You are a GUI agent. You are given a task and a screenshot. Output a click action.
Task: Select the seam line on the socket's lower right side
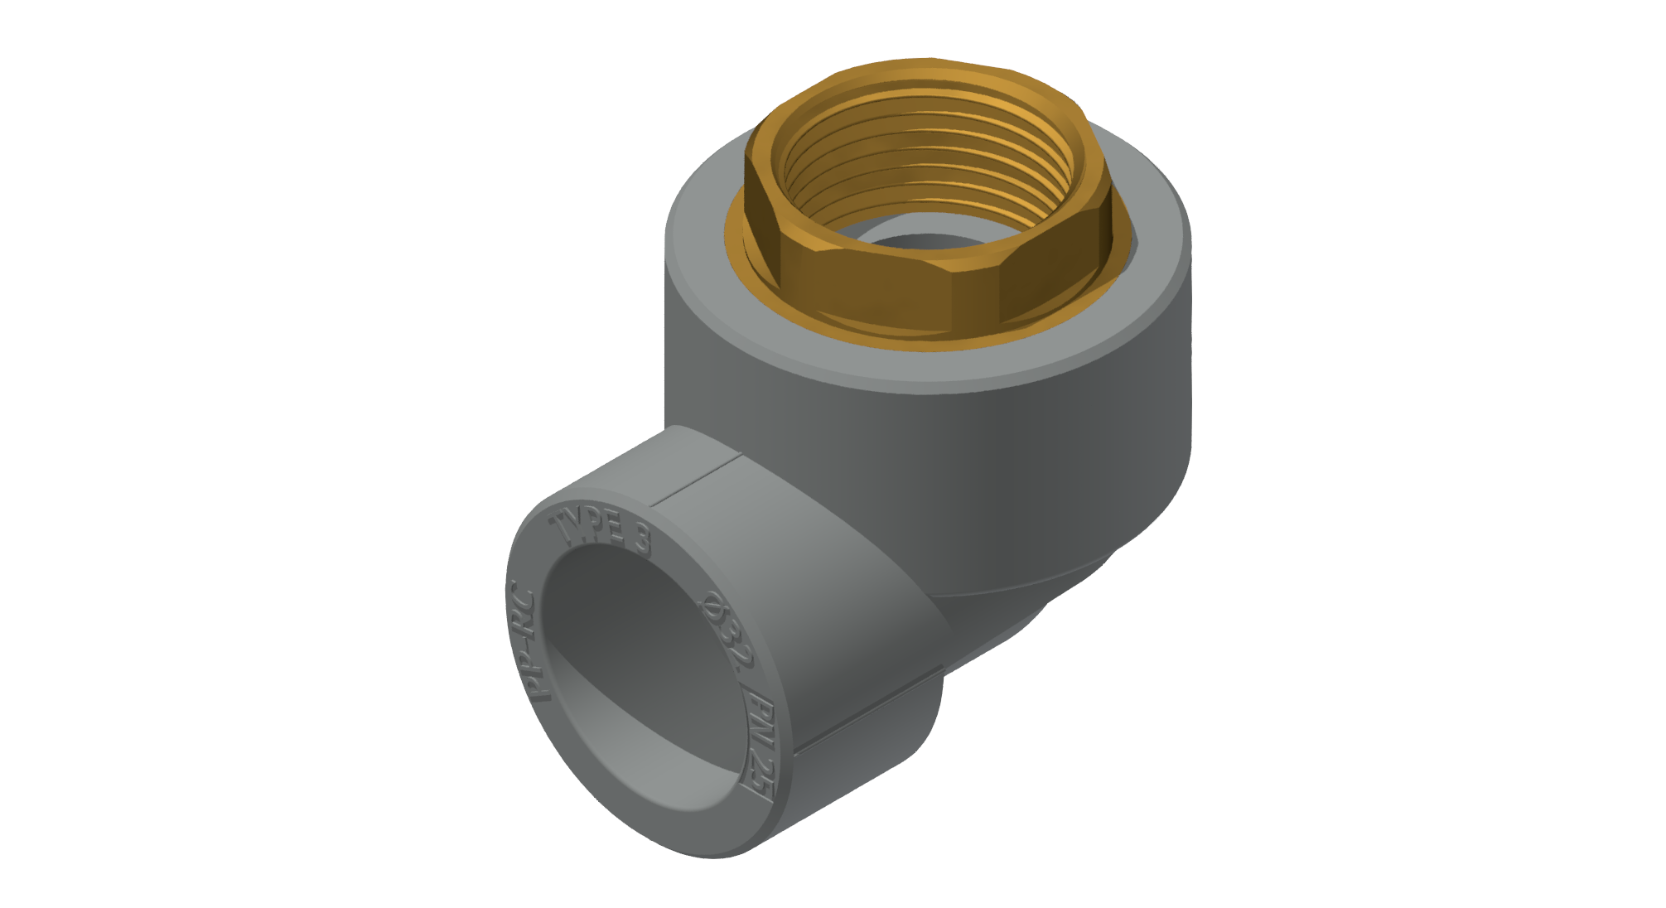tap(870, 712)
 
